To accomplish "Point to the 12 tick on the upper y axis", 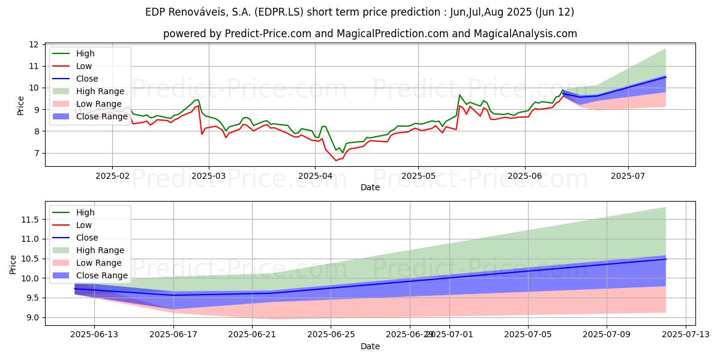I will point(34,44).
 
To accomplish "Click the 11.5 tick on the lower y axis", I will point(30,220).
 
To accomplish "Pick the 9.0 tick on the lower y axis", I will point(32,317).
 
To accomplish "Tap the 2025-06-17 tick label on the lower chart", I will point(173,334).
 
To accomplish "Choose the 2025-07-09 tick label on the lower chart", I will point(607,334).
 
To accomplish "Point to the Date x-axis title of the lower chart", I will point(370,346).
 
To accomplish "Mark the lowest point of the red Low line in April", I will point(336,160).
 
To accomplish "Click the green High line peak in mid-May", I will point(460,95).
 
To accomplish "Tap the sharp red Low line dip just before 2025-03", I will point(202,134).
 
